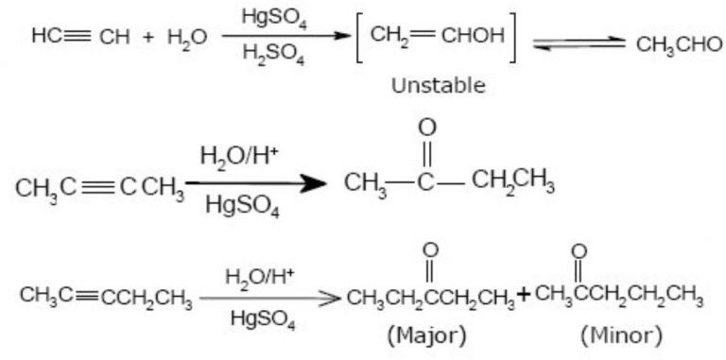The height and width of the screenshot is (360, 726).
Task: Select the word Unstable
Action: point(438,86)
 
